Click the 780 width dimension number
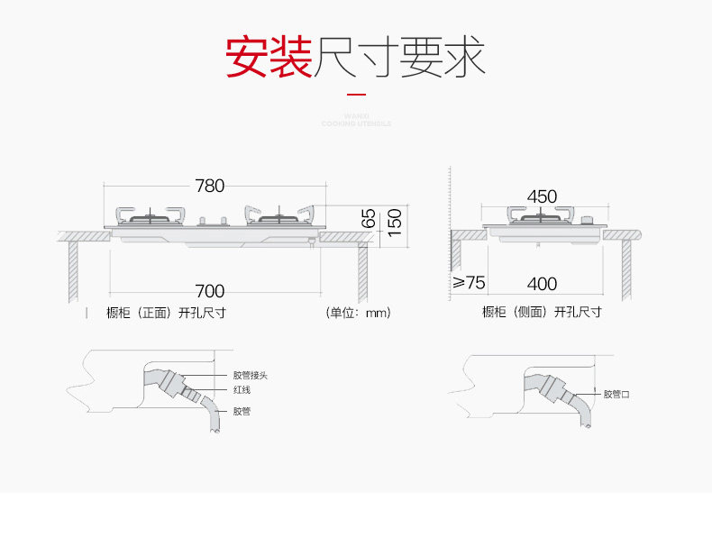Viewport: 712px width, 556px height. [209, 187]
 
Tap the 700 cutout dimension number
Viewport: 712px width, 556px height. [209, 291]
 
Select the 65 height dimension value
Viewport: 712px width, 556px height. [369, 218]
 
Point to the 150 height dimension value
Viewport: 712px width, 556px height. [393, 219]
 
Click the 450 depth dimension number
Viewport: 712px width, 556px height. [542, 196]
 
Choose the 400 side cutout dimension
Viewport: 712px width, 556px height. [542, 284]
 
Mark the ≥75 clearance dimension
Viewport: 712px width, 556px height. [469, 283]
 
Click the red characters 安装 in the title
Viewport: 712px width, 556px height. [268, 58]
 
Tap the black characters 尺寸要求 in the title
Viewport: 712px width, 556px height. [398, 58]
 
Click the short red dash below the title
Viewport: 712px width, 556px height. [356, 94]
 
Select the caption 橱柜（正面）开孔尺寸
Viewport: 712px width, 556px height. [165, 314]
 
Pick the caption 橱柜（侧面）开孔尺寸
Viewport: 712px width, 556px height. [542, 313]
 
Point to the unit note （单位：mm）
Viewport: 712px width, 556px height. [359, 314]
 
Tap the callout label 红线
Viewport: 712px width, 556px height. [242, 390]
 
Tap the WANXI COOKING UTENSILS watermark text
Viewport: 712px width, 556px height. [356, 120]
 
